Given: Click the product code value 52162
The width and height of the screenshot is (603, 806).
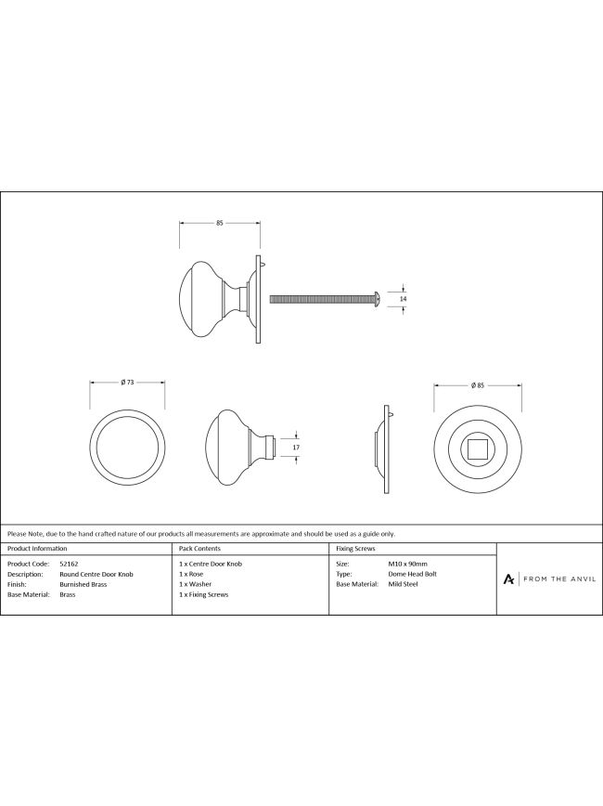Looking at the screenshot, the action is [x=69, y=564].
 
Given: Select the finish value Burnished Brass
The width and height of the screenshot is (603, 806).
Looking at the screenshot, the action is [x=83, y=584].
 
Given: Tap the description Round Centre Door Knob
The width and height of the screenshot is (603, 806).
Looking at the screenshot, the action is [x=96, y=574].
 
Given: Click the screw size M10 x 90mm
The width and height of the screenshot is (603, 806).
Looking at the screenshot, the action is [x=408, y=564].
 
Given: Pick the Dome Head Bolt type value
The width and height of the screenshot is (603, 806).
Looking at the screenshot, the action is [x=413, y=574].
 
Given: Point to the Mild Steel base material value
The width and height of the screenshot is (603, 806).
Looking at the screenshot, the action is [x=404, y=584].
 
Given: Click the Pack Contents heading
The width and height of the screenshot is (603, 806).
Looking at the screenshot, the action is [x=199, y=549].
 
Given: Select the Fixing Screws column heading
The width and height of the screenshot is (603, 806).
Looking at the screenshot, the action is [x=355, y=549].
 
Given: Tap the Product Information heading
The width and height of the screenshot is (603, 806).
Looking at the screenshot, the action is [x=37, y=549].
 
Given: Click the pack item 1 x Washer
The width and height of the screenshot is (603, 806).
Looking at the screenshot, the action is [x=195, y=584].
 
